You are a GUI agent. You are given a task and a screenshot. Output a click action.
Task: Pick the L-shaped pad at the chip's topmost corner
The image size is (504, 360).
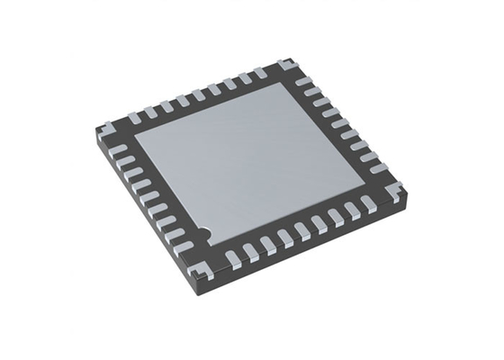click(x=286, y=66)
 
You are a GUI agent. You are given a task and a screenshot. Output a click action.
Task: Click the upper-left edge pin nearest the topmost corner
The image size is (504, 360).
click(x=261, y=73)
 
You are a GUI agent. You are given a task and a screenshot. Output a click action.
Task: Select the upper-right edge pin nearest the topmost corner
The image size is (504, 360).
click(x=303, y=82)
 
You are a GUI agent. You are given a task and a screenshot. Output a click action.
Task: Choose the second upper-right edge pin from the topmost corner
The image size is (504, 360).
click(x=311, y=92)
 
